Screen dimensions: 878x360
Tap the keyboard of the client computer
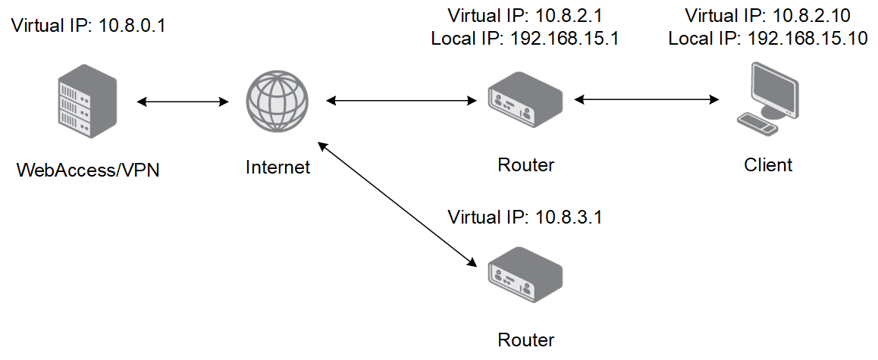(x=757, y=124)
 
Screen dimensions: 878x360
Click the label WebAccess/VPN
(x=88, y=170)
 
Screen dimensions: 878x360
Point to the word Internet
(x=278, y=166)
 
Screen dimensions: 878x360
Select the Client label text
(x=768, y=164)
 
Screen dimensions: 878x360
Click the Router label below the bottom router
(x=525, y=340)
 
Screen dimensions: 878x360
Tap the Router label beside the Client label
(x=525, y=164)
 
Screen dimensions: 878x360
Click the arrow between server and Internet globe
(x=183, y=102)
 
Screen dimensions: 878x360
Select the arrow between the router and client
(x=646, y=100)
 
